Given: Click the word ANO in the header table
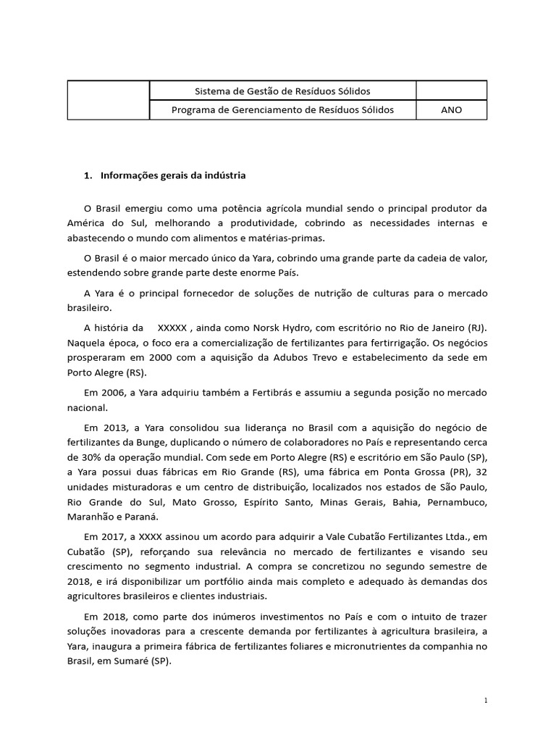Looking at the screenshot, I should point(451,110).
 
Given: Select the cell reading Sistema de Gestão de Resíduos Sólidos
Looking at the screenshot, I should point(282,91).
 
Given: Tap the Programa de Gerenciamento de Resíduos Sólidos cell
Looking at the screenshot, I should point(282,110).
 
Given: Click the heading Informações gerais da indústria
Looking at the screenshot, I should point(173,175).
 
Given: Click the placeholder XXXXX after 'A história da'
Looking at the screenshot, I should point(172,328).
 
